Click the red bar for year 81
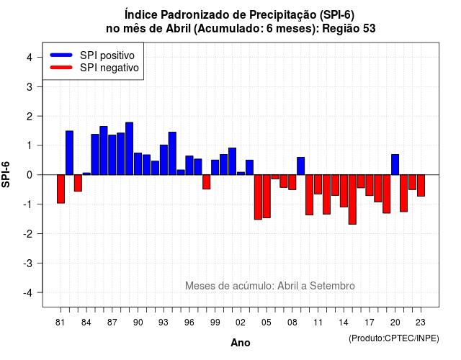click(61, 189)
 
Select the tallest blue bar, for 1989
click(130, 149)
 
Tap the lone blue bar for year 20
click(395, 165)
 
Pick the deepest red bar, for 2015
click(352, 199)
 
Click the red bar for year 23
click(421, 186)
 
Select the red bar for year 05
click(267, 197)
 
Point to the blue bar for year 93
click(164, 160)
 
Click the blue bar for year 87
click(112, 155)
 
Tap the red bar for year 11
click(318, 184)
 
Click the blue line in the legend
click(61, 55)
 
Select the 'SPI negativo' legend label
click(109, 68)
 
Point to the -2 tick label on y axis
click(29, 233)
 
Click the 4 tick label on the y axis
click(30, 58)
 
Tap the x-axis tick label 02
click(241, 323)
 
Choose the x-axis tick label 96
click(189, 323)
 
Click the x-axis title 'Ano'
click(241, 343)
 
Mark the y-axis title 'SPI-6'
click(6, 174)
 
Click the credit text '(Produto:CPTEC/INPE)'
click(394, 338)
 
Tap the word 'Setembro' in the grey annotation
click(332, 286)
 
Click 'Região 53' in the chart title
click(349, 29)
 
